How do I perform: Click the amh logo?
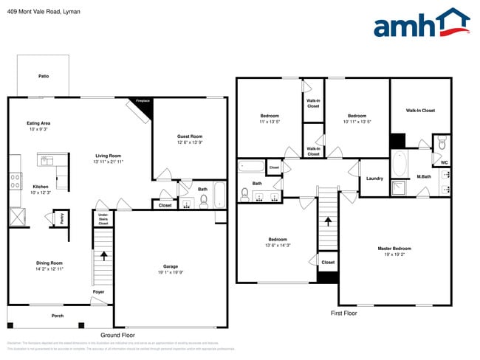point(421,24)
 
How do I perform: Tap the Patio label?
point(44,76)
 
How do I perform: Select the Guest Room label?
point(189,136)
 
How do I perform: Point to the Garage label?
point(171,266)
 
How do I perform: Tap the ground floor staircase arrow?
point(103,255)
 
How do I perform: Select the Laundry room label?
point(374,178)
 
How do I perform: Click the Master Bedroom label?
point(394,249)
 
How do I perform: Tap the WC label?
point(445,162)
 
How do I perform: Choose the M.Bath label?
point(424,176)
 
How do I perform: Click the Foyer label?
point(98,292)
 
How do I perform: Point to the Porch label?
point(58,316)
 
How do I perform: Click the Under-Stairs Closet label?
point(103,218)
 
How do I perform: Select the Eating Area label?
point(38,123)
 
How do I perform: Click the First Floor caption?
point(343,314)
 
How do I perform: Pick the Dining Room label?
point(50,263)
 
